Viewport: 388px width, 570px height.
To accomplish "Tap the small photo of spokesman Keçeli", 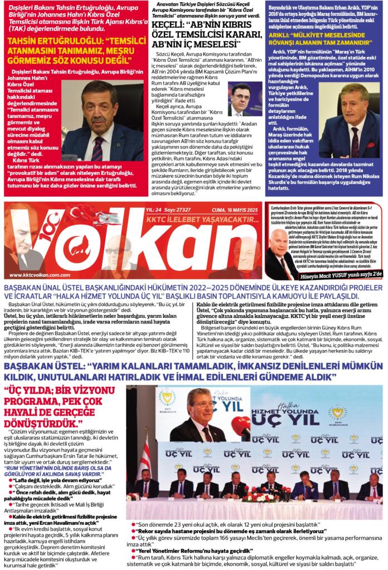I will (x=245, y=99).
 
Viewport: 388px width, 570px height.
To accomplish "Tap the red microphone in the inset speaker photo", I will (x=240, y=426).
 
